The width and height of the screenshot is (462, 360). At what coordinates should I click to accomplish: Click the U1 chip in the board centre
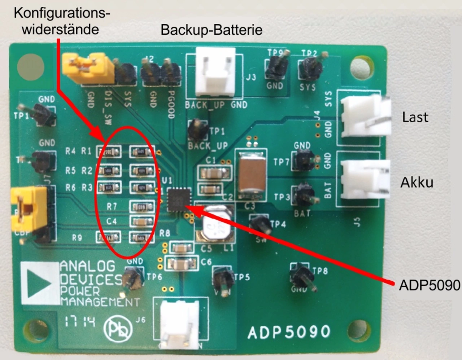click(179, 199)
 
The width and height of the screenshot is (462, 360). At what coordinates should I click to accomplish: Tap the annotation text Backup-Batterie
click(211, 30)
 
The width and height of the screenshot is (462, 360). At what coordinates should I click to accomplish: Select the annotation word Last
click(415, 117)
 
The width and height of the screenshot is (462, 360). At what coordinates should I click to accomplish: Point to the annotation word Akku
click(417, 183)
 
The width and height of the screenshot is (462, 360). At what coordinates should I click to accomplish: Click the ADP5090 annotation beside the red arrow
click(429, 285)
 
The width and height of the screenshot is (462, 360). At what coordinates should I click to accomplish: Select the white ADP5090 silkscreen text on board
click(289, 332)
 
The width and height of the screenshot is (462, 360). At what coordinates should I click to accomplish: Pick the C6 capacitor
click(181, 264)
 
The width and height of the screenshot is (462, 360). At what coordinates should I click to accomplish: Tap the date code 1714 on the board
click(80, 321)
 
